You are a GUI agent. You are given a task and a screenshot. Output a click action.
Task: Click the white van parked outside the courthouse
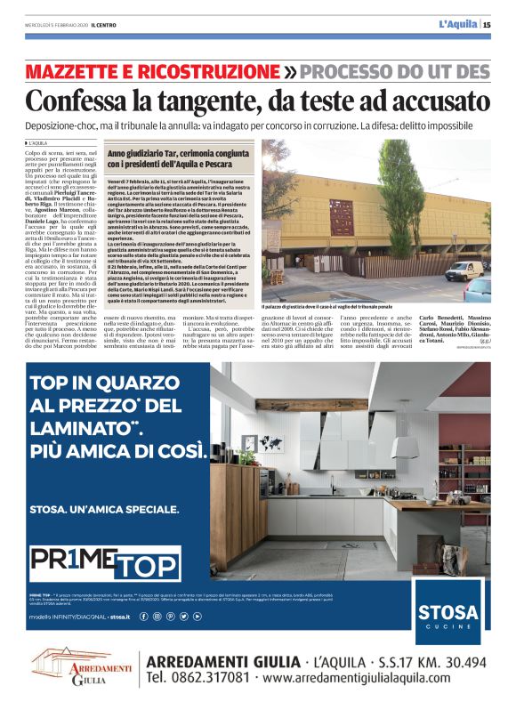pos(464,270)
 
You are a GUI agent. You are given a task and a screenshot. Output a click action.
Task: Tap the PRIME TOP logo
pos(105,562)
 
